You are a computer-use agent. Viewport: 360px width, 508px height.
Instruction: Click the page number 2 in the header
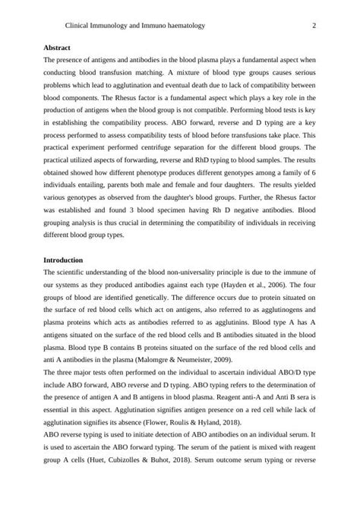point(314,25)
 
